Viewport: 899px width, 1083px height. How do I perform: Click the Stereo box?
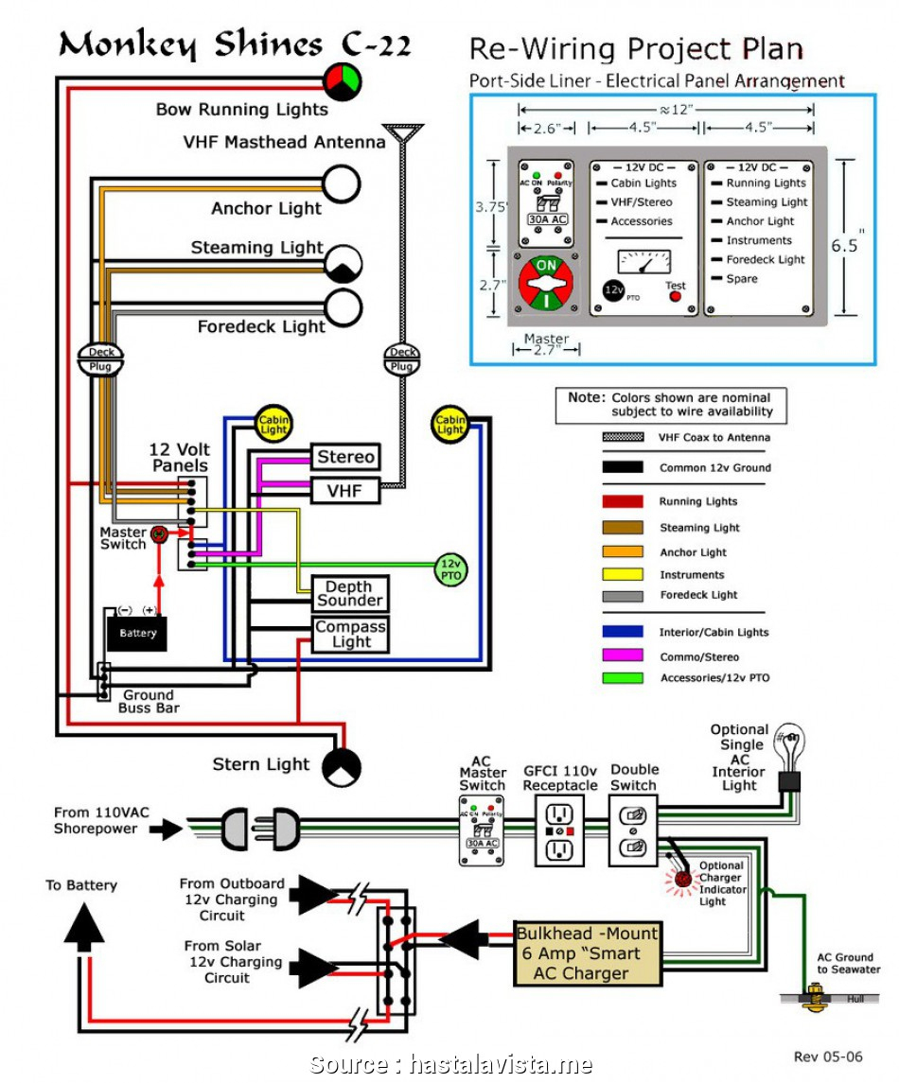(345, 458)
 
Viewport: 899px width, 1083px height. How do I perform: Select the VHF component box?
(345, 489)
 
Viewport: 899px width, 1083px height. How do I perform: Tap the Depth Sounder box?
(350, 594)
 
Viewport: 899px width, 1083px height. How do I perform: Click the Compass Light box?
(351, 635)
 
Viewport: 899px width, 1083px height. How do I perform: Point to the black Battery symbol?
(137, 633)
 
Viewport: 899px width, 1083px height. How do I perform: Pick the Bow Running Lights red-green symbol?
(342, 82)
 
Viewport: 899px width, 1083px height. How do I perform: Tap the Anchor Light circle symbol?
(343, 183)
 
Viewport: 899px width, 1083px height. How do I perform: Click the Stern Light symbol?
(342, 766)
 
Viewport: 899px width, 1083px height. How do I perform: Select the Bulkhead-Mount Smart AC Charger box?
(587, 954)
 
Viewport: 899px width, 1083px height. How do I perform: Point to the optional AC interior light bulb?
(788, 747)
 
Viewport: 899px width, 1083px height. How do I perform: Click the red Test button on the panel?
(675, 296)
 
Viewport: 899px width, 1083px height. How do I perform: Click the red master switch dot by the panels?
(160, 534)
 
